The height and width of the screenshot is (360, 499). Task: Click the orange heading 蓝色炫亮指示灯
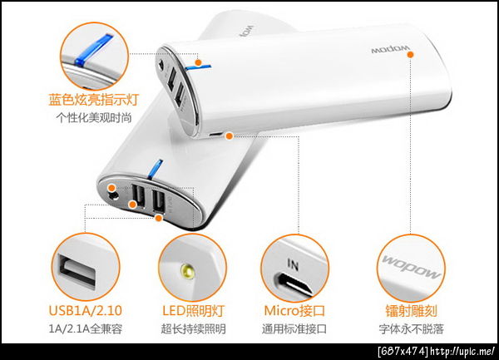coord(93,99)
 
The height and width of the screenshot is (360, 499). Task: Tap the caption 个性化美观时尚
coord(93,118)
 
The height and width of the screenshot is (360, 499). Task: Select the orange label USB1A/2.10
coord(86,310)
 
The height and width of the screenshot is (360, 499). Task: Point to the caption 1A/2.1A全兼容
coord(86,328)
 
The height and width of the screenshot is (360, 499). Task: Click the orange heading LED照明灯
coord(193,310)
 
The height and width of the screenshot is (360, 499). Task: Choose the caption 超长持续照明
coord(193,328)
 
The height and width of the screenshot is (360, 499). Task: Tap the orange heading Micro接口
coord(294,310)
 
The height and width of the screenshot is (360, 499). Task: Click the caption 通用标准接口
coord(294,328)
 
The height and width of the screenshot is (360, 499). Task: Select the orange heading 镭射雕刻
coord(411,310)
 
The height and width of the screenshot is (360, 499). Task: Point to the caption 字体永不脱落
coord(411,328)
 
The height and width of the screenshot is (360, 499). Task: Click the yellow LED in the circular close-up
coord(187,272)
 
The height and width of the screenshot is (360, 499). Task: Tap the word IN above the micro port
coord(293,264)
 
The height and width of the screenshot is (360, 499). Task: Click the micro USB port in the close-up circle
coord(294,284)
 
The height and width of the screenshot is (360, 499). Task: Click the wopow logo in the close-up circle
coord(411,267)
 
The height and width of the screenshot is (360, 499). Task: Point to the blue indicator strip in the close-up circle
coord(93,49)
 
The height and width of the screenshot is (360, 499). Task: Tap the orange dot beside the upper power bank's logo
coord(411,54)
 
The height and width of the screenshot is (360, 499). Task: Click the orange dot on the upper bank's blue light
coord(198,62)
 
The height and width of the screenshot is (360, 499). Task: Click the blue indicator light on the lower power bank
coord(155,169)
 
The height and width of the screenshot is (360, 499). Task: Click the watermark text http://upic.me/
coord(462,352)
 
